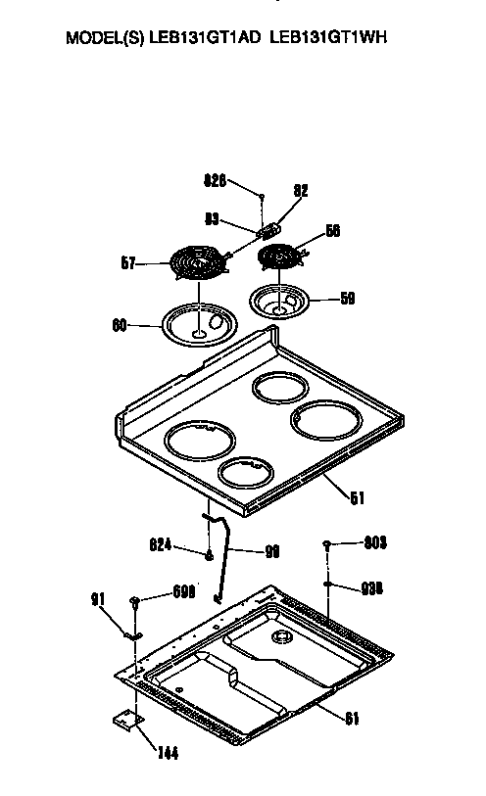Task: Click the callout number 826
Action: click(215, 180)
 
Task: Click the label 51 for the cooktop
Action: click(357, 497)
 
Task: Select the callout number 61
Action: click(351, 719)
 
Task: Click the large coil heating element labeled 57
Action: click(196, 263)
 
